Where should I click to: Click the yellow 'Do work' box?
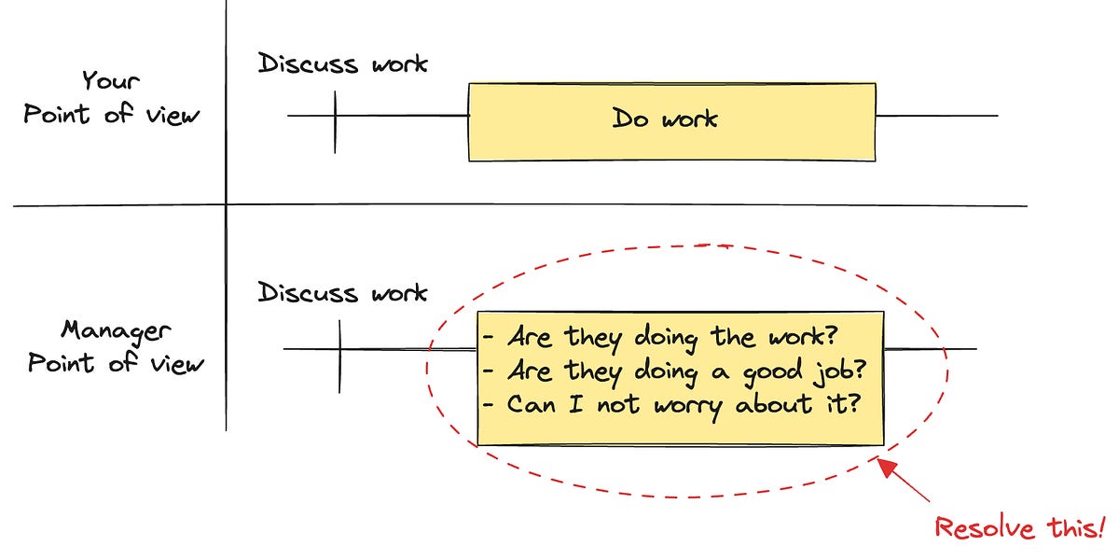(671, 121)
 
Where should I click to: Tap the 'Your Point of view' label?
(112, 97)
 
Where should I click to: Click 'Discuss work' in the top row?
(342, 63)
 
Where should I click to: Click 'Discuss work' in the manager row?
(342, 292)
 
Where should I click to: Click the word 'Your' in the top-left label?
(112, 80)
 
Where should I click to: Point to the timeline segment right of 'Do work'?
(936, 117)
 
